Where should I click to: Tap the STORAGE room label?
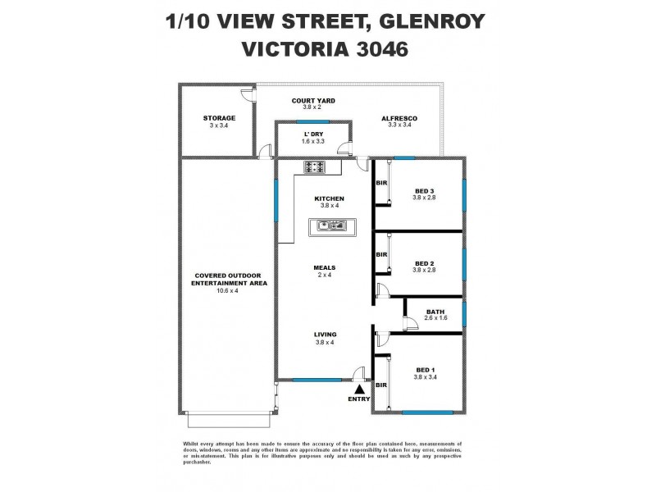click(219, 118)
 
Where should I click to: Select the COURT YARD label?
click(313, 101)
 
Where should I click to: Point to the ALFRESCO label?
click(399, 118)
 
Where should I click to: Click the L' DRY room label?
click(313, 134)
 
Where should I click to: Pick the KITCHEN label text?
click(329, 198)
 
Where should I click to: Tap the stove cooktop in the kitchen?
click(314, 168)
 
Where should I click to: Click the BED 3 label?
click(424, 191)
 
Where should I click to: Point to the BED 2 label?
click(424, 263)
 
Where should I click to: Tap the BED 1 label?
click(424, 370)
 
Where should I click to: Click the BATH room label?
click(435, 312)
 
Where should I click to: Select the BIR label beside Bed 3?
click(381, 184)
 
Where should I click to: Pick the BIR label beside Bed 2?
click(381, 255)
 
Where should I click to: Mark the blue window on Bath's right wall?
click(463, 313)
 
